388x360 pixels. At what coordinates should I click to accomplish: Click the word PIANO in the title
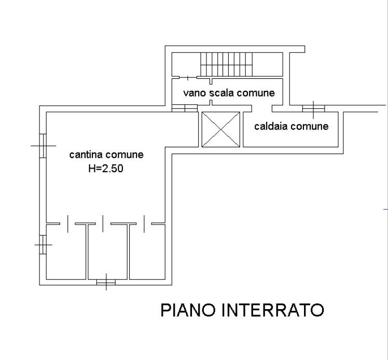coord(188,310)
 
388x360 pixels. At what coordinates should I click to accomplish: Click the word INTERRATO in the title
coord(273,310)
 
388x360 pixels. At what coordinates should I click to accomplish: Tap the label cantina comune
coord(106,155)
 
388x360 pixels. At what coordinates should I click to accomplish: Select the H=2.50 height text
coord(106,168)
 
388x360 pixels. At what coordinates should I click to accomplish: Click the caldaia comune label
coord(291,126)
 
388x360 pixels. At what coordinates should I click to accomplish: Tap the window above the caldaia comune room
coord(314,108)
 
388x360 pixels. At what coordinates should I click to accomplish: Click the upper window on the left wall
coord(44,146)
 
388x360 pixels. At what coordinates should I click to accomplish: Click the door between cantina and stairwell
coord(185,108)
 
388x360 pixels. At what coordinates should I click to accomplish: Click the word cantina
coord(86,155)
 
